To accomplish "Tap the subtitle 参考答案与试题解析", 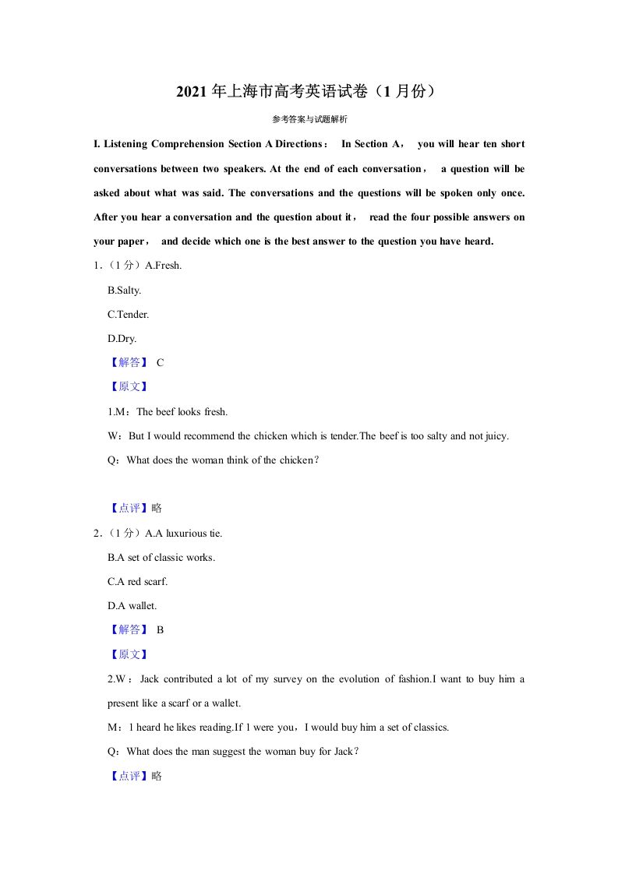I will coord(309,119).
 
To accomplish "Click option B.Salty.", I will coord(124,290).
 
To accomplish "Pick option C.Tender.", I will coord(128,314).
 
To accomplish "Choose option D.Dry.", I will coord(122,338).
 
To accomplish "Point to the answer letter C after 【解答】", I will coord(160,362).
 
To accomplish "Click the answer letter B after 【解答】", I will coord(160,629).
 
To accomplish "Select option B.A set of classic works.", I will coord(161,557).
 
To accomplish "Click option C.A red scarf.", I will coord(137,581).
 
